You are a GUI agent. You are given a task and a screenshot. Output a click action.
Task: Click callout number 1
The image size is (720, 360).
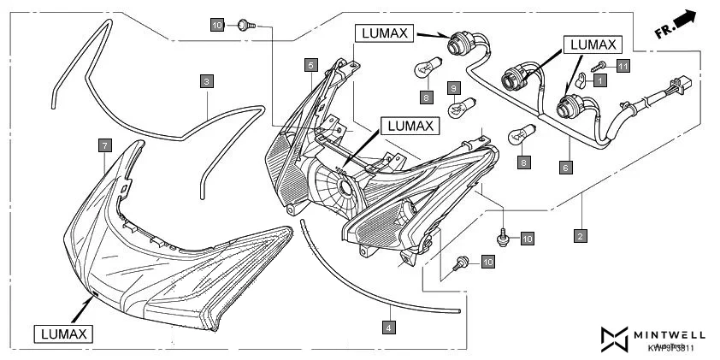[599, 80]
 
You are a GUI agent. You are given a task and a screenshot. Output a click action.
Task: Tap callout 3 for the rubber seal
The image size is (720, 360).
[207, 81]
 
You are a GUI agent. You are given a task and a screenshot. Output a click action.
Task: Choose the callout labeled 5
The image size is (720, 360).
[310, 64]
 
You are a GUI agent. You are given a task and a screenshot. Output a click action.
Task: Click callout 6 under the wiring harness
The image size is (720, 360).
[565, 168]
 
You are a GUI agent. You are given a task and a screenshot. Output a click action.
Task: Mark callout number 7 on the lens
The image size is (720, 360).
[103, 145]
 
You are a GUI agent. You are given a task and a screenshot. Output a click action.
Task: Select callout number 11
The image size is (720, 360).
[623, 65]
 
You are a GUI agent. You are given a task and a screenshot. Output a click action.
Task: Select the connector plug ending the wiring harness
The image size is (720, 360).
[682, 88]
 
